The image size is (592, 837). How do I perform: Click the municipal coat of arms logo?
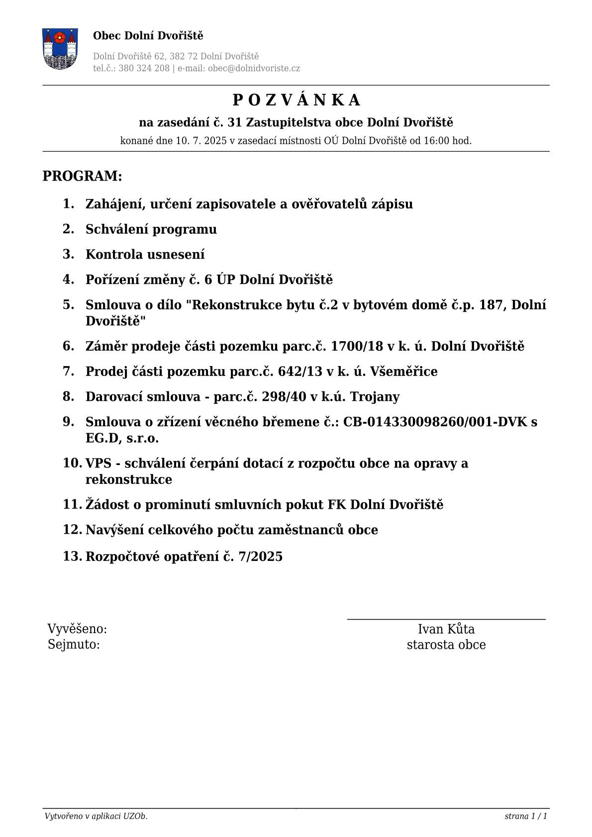pos(60,48)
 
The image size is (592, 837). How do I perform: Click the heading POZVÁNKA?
pos(296,100)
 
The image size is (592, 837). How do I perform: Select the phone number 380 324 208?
pos(144,69)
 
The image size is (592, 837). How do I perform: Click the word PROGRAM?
pos(82,176)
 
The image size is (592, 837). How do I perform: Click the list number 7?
pos(68,371)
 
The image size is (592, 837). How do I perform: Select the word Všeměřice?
pos(403,372)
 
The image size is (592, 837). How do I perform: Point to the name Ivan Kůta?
pos(446,629)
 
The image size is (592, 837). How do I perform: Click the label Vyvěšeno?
pos(77,629)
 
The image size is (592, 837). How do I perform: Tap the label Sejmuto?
pos(74,645)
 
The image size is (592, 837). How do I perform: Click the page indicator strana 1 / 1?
pos(525,816)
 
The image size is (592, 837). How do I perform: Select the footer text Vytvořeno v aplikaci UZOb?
pos(96,816)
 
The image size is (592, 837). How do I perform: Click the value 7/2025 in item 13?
pos(260,557)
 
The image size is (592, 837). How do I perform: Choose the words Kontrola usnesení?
pos(145,255)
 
